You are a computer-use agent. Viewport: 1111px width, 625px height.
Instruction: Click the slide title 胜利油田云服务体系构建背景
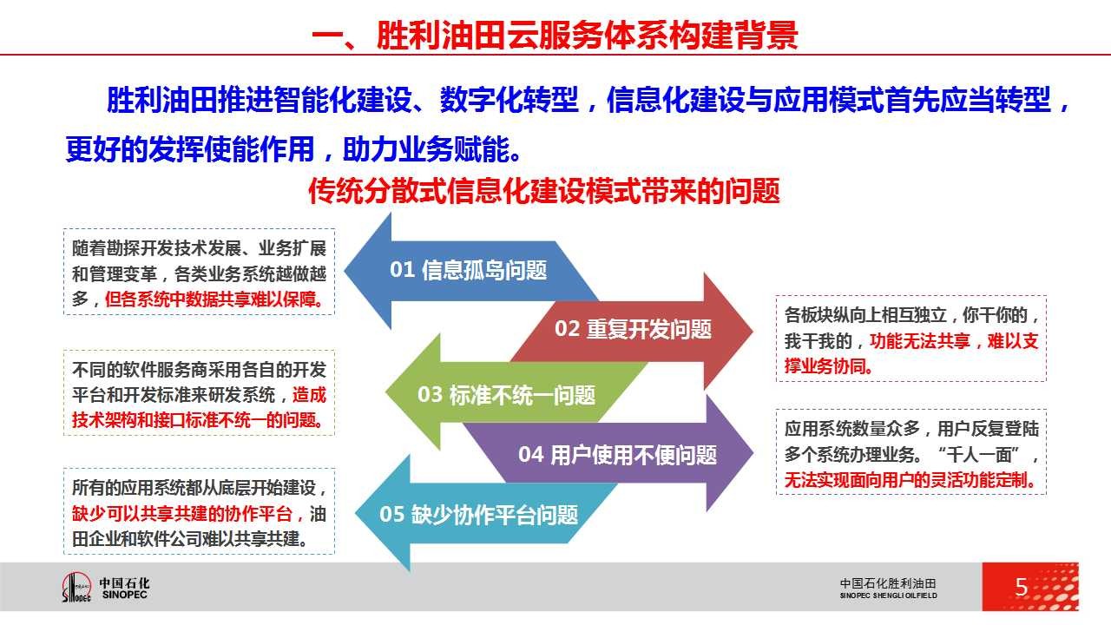pos(587,35)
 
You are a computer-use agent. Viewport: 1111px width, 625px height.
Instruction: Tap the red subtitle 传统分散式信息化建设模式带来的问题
pos(544,191)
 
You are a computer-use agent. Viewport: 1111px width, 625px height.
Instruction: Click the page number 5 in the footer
pos(1022,588)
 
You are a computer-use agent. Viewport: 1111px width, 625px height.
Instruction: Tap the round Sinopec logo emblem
pos(76,587)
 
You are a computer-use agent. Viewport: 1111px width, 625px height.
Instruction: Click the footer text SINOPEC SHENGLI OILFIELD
pos(888,595)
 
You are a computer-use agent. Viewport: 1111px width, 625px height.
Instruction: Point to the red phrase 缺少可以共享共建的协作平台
pos(182,513)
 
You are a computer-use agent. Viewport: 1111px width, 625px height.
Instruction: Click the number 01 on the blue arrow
pos(402,270)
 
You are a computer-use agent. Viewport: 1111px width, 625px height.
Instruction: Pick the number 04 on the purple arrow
pos(530,454)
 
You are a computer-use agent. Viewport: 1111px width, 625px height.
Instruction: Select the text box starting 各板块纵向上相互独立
pos(911,339)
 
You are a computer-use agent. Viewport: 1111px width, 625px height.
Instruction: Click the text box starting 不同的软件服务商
pos(200,393)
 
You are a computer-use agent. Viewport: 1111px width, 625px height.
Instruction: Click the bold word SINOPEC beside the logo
pos(124,595)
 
